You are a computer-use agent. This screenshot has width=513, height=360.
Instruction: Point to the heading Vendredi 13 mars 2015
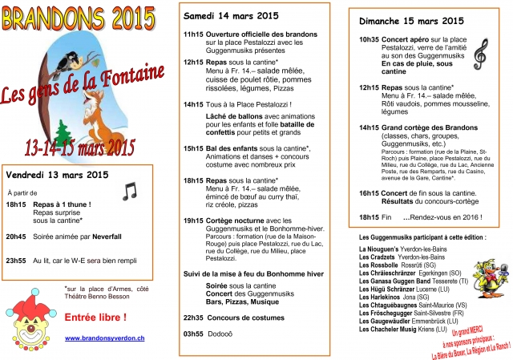click(x=57, y=174)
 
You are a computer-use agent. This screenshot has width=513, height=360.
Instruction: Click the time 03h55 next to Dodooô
click(x=193, y=333)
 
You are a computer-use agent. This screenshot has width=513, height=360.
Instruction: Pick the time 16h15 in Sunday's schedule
click(x=369, y=194)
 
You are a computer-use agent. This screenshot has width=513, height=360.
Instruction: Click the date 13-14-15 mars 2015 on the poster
click(x=80, y=147)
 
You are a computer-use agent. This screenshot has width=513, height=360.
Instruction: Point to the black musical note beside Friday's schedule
click(x=129, y=192)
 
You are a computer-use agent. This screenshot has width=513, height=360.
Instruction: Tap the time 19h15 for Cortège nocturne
click(x=193, y=220)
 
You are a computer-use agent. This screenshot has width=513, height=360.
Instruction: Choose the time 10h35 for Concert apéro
click(x=369, y=38)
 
